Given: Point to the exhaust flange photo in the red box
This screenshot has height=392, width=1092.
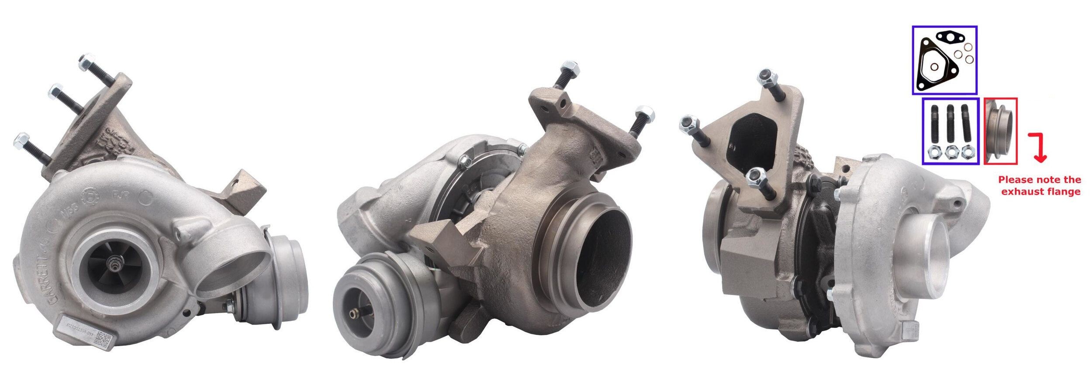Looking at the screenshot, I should pos(1000,137).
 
